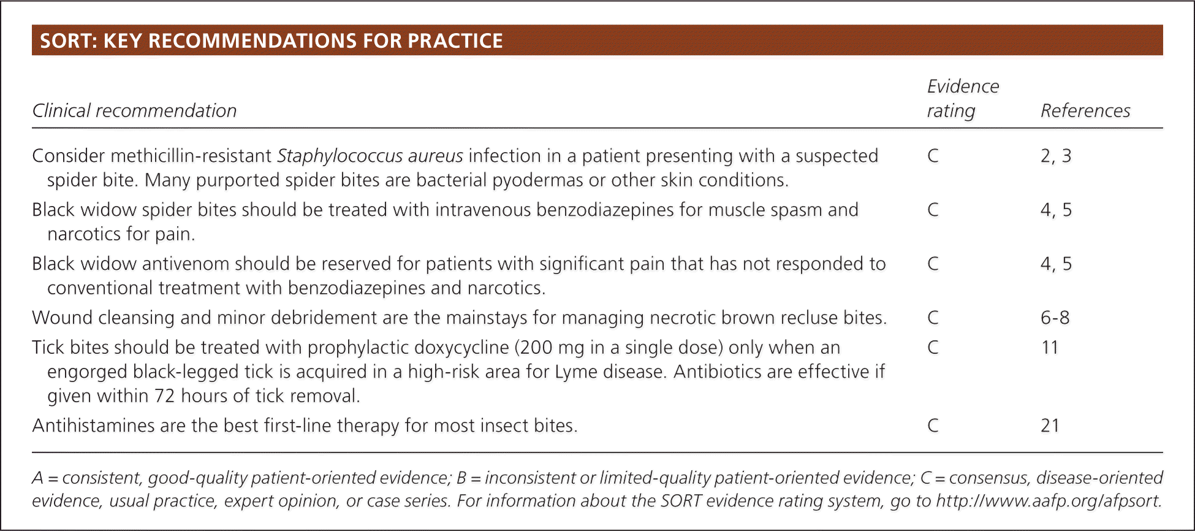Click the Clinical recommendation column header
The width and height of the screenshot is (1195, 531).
pyautogui.click(x=134, y=110)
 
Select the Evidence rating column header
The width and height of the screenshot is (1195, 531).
pyautogui.click(x=963, y=98)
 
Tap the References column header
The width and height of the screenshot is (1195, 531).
pyautogui.click(x=1085, y=110)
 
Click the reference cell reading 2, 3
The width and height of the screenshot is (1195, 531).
pyautogui.click(x=1056, y=156)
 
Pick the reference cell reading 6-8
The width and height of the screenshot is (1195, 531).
pyautogui.click(x=1055, y=318)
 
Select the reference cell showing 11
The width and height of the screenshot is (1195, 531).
pyautogui.click(x=1050, y=348)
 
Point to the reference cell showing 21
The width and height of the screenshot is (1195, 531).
pyautogui.click(x=1050, y=426)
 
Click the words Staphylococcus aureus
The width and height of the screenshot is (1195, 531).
pyautogui.click(x=370, y=156)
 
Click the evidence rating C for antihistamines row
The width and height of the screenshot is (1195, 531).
pyautogui.click(x=933, y=426)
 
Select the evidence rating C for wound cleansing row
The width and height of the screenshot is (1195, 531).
pyautogui.click(x=933, y=318)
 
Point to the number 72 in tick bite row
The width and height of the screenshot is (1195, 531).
pyautogui.click(x=165, y=396)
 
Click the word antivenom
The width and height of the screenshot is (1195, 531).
pyautogui.click(x=178, y=264)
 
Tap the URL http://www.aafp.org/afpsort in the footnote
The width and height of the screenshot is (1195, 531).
pyautogui.click(x=1048, y=501)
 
